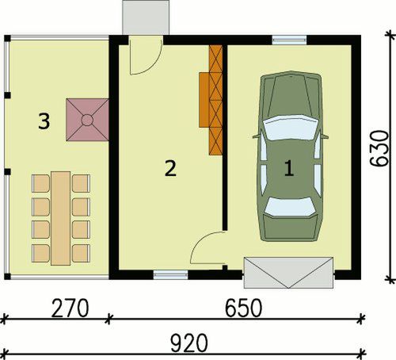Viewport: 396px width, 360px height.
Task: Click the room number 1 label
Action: tap(289, 167)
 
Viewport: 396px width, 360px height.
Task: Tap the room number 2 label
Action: tap(169, 167)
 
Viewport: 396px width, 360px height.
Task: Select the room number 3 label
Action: tap(44, 121)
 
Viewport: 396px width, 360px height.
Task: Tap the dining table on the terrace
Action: tap(59, 217)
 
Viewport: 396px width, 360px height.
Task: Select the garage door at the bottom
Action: tap(287, 272)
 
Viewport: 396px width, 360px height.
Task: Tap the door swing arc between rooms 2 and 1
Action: tap(208, 250)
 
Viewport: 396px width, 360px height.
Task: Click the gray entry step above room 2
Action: tap(147, 17)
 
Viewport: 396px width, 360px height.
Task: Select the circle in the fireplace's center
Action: tap(87, 120)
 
